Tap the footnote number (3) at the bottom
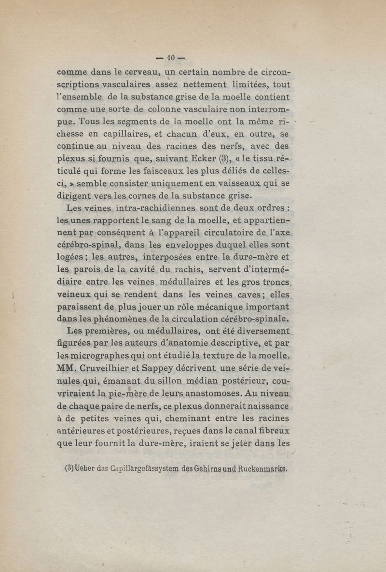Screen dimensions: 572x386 coord(69,468)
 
